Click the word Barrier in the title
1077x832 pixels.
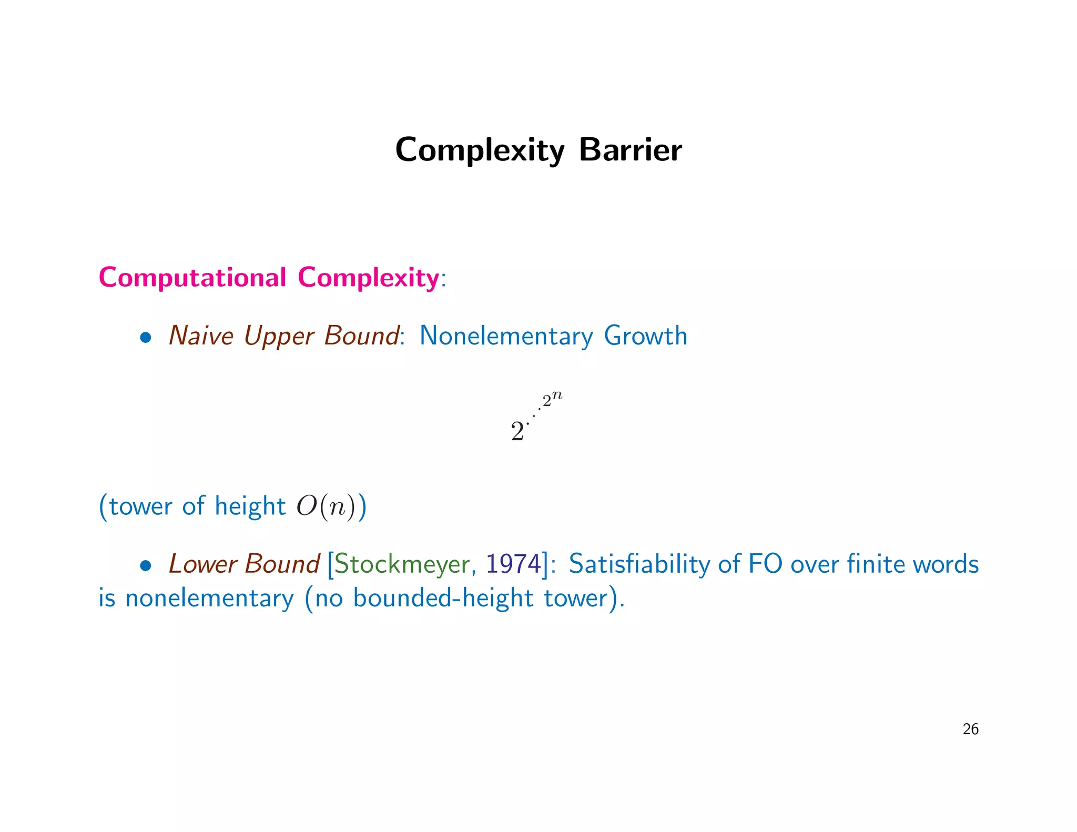coord(630,150)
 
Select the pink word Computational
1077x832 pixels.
coord(192,277)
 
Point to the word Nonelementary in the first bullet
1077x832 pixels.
coord(506,336)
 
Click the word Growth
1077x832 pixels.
coord(645,336)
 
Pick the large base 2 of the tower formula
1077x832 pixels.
coord(517,432)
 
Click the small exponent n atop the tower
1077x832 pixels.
coord(557,396)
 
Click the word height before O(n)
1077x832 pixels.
coord(250,506)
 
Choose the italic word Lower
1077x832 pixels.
coord(202,564)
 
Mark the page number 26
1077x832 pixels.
coord(970,729)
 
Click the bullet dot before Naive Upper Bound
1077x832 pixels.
coord(146,338)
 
